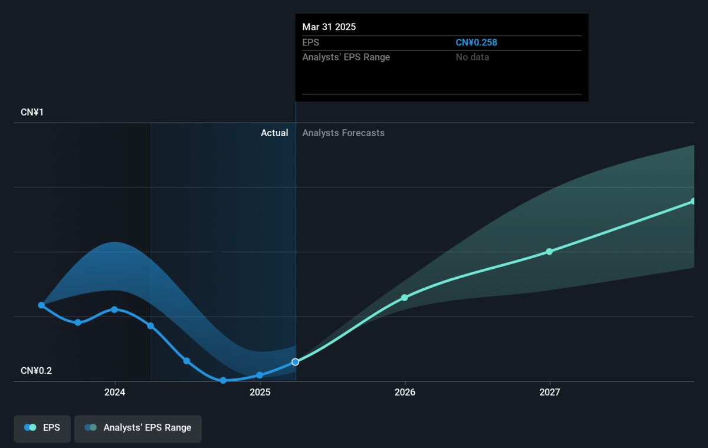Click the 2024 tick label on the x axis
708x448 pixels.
point(114,392)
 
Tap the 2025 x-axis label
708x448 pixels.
point(260,392)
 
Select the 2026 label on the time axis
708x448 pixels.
point(405,392)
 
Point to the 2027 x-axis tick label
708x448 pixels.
point(550,392)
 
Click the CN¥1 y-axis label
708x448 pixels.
point(32,112)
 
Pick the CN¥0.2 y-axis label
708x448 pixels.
point(36,371)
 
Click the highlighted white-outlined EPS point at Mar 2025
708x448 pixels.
point(295,362)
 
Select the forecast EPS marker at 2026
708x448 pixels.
point(405,298)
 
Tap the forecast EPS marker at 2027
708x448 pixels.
point(549,251)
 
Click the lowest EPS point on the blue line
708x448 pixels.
point(223,380)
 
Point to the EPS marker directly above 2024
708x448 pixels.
point(114,309)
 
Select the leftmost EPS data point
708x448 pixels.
point(41,305)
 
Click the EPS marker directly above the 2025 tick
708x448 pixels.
point(260,375)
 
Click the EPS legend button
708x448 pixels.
point(42,429)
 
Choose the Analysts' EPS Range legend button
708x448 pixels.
point(138,429)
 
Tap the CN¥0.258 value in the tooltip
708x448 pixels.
point(476,42)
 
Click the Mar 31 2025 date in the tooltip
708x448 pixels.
point(329,27)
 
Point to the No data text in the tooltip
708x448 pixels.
point(472,57)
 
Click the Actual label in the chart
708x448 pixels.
point(274,133)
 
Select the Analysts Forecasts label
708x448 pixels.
point(343,133)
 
